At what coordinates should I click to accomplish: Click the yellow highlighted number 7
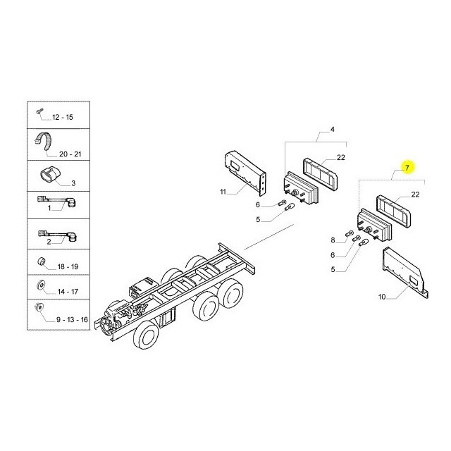point(407,168)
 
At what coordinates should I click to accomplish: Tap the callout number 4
point(332,130)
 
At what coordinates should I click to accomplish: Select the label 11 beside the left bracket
point(223,192)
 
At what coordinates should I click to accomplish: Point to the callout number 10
point(382,297)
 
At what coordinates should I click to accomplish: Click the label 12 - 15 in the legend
point(63,118)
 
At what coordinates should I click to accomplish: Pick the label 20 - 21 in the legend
point(70,154)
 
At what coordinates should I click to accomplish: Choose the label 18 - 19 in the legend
point(68,266)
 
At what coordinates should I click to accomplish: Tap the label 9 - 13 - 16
point(72,319)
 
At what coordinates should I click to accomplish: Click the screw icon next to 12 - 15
point(39,111)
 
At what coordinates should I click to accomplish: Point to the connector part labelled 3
point(49,174)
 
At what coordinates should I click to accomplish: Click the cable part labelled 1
point(57,200)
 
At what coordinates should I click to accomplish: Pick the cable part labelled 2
point(58,234)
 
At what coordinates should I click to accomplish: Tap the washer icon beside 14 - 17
point(41,285)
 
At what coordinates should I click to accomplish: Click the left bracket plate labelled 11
point(245,173)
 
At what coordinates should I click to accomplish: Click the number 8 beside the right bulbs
point(333,240)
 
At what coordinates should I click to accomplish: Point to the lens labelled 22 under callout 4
point(320,174)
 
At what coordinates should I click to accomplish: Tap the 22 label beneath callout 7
point(415,194)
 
